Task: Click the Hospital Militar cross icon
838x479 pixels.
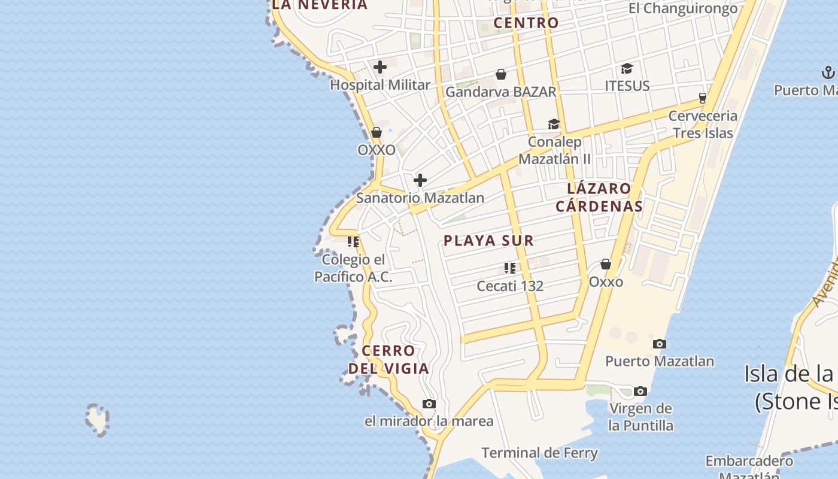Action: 380,67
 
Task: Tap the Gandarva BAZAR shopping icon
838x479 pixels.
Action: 501,74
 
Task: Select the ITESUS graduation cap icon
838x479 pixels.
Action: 627,68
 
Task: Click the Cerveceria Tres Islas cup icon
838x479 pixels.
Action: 703,98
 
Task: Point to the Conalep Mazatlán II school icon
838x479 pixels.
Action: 554,124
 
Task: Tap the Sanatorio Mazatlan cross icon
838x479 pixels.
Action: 420,180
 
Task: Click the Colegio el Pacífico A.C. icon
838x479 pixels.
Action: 353,242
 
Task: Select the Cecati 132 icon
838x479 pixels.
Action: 510,268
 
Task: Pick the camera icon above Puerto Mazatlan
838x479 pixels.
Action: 660,344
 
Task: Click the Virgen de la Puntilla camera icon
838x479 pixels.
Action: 640,391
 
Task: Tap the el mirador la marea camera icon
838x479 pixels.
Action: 429,404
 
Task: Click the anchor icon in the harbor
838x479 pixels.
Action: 828,73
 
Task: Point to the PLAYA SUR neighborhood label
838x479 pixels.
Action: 488,241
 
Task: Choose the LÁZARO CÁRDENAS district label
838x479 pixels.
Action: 599,198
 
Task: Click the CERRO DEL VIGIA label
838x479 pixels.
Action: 389,359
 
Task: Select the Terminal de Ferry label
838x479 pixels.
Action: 539,453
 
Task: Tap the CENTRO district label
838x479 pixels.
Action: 526,23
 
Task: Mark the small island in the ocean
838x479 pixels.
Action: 97,419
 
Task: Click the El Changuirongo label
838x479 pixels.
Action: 683,8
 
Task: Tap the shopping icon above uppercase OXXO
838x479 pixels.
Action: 377,132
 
